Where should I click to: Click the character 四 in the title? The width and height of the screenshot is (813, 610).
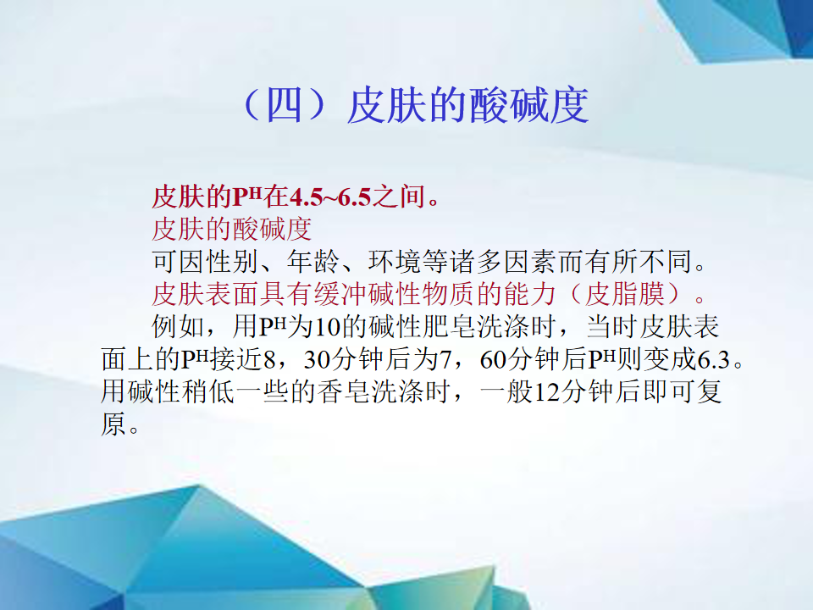coord(284,106)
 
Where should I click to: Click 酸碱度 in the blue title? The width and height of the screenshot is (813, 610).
coord(528,106)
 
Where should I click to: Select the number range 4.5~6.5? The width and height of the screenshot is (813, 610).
coord(329,197)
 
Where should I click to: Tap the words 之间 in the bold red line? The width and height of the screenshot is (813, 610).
coord(398,197)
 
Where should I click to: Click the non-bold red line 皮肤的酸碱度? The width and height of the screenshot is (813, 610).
coord(232,229)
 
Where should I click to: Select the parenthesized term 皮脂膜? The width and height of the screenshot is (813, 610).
coord(625,294)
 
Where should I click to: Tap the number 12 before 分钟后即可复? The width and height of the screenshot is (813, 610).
coord(546,392)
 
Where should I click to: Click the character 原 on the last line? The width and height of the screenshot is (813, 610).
coord(113,424)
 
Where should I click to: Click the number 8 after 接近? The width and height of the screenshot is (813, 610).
coord(268,360)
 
